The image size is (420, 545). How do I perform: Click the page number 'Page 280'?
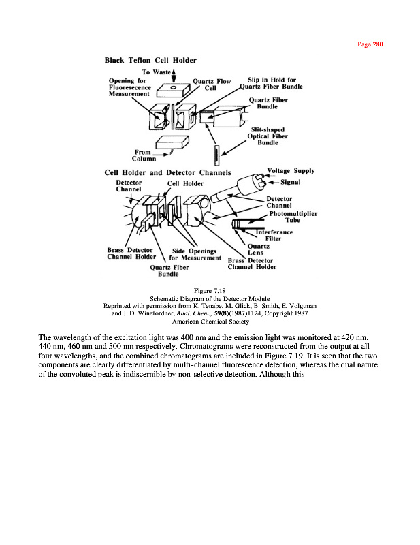[371, 44]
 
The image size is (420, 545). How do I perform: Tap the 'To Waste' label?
[155, 72]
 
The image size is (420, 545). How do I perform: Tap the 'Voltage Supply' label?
[291, 171]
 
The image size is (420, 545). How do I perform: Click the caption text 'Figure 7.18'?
[210, 291]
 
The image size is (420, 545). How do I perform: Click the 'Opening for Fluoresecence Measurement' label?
[133, 87]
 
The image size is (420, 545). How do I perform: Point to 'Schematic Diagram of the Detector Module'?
[210, 298]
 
